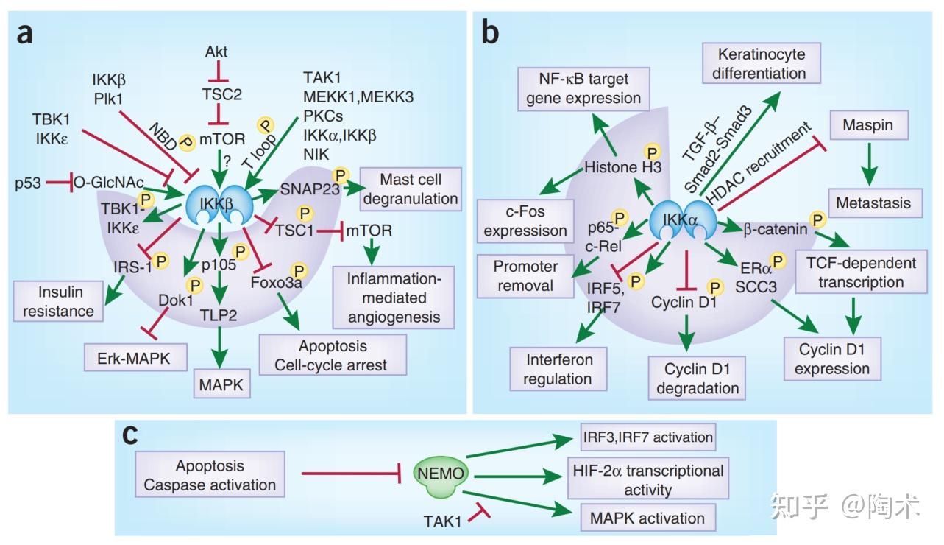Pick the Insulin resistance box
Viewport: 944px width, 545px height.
click(58, 300)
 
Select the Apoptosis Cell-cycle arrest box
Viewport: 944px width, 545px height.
click(333, 355)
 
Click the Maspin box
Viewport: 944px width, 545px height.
click(872, 126)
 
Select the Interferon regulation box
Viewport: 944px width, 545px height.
click(558, 369)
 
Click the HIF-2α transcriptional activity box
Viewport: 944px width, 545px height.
click(646, 479)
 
